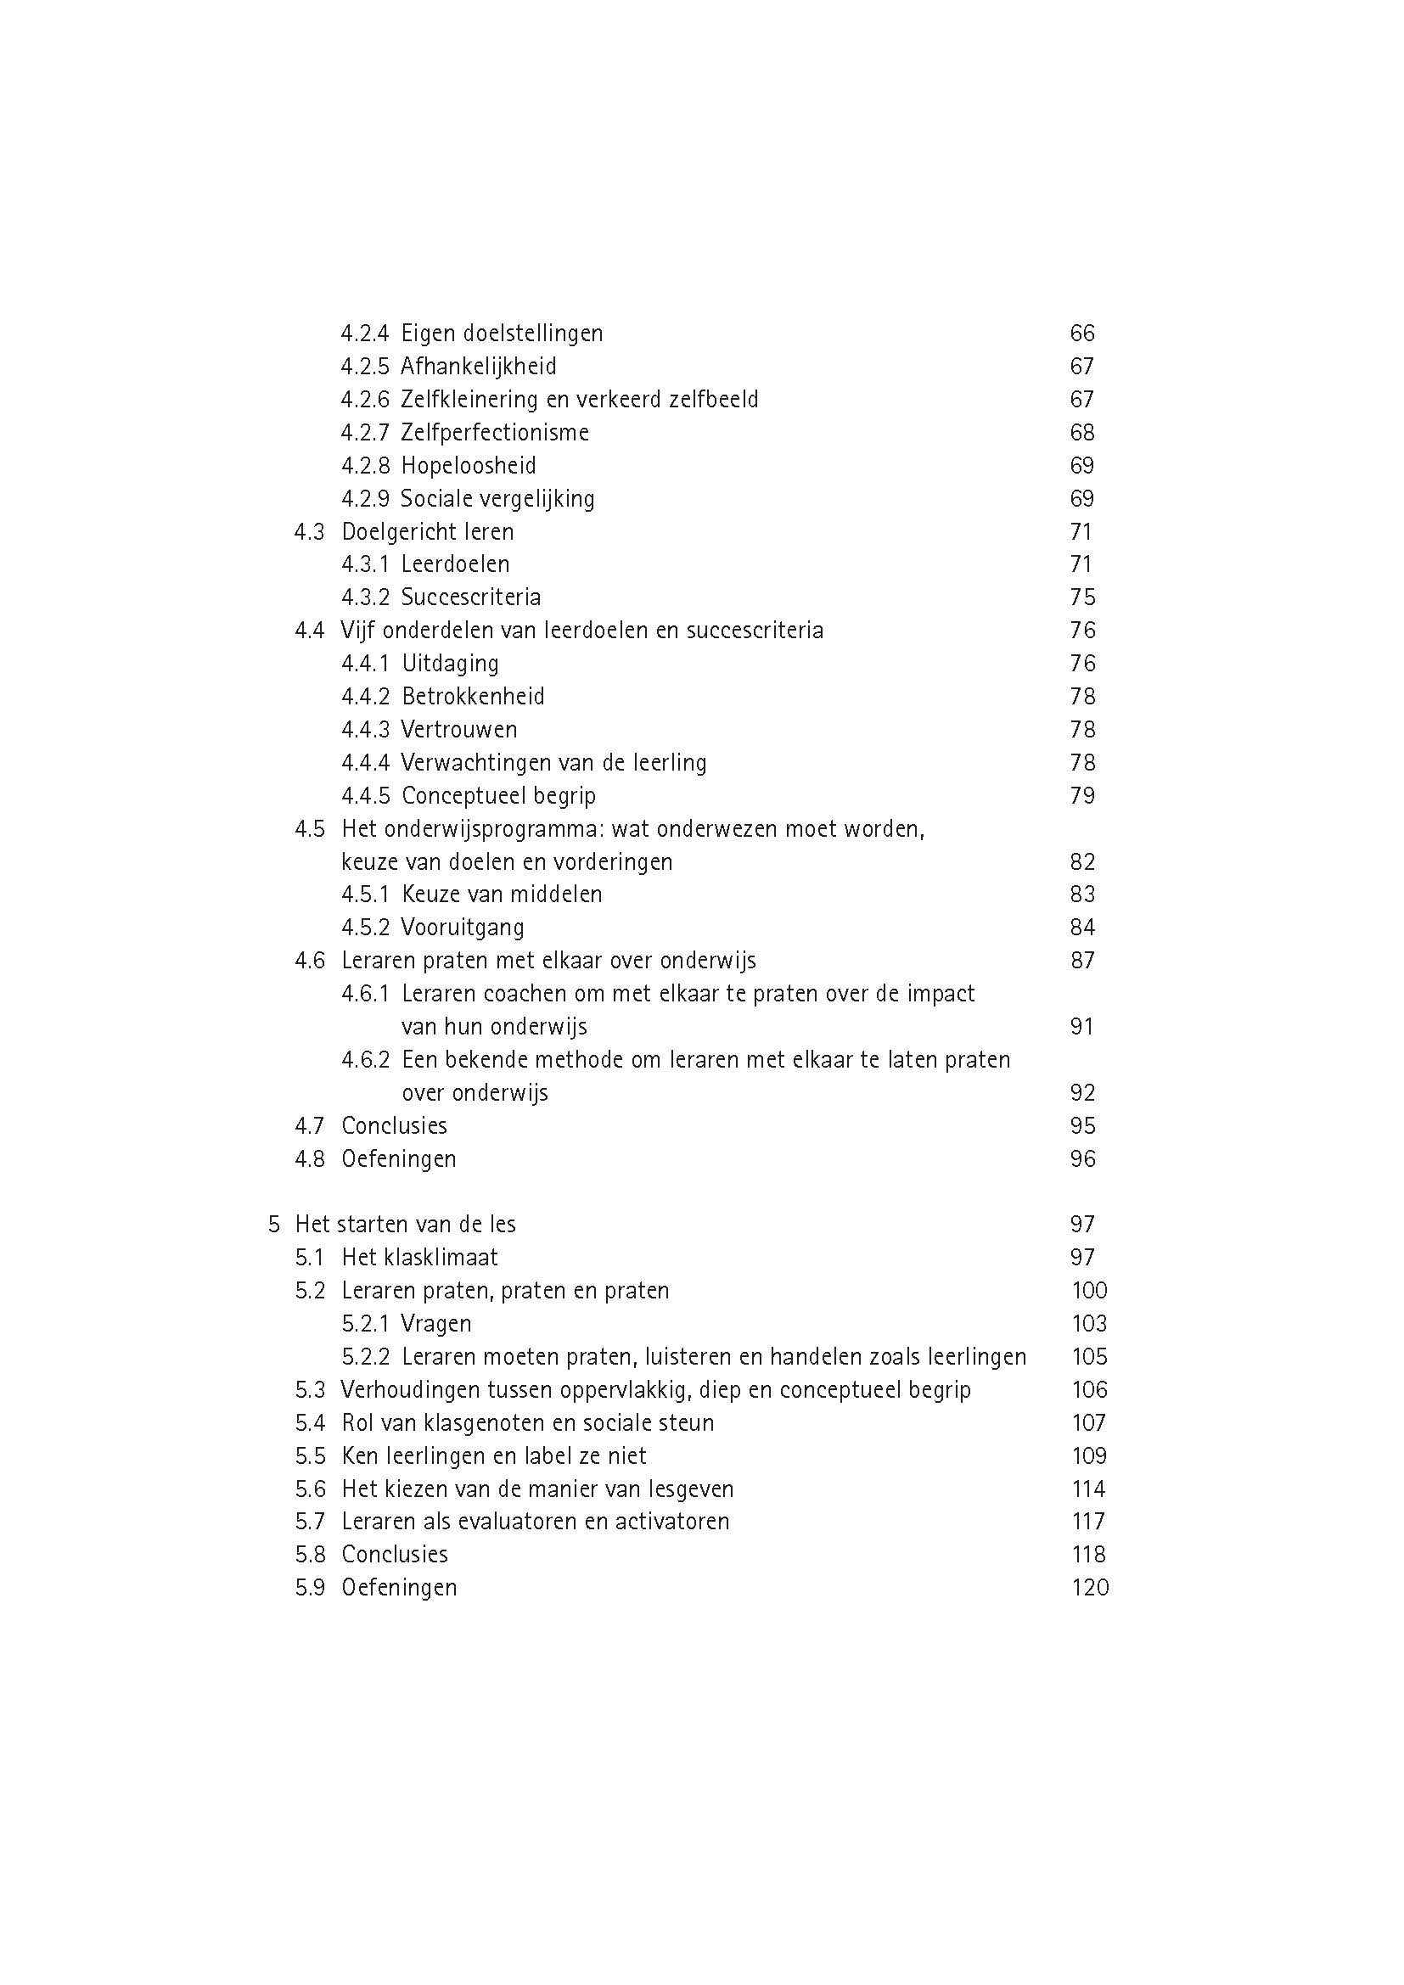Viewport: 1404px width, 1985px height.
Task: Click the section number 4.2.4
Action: pyautogui.click(x=364, y=334)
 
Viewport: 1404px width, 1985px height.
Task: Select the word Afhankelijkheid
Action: pyautogui.click(x=478, y=367)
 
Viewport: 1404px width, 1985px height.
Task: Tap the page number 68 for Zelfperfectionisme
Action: pyautogui.click(x=1081, y=432)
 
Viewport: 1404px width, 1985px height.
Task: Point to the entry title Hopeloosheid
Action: pyautogui.click(x=469, y=466)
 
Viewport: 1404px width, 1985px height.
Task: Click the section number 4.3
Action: pyautogui.click(x=309, y=532)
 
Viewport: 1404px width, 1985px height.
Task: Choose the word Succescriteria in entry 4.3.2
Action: pyautogui.click(x=470, y=597)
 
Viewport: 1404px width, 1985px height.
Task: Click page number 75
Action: pyautogui.click(x=1081, y=597)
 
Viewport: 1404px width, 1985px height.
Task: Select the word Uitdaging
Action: pyautogui.click(x=451, y=664)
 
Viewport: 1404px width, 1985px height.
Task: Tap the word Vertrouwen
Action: pyautogui.click(x=459, y=730)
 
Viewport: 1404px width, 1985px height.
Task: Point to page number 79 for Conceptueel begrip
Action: pyautogui.click(x=1081, y=795)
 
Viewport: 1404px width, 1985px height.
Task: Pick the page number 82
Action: pyautogui.click(x=1081, y=862)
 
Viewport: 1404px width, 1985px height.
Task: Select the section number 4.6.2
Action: pyautogui.click(x=365, y=1060)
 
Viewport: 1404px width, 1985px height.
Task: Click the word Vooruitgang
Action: pyautogui.click(x=463, y=928)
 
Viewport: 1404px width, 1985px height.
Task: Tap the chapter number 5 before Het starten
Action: pyautogui.click(x=274, y=1225)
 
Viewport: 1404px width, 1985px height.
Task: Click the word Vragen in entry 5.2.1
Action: pyautogui.click(x=435, y=1324)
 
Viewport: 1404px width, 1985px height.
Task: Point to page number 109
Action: pyautogui.click(x=1088, y=1456)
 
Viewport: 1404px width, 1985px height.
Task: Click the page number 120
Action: pyautogui.click(x=1089, y=1587)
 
